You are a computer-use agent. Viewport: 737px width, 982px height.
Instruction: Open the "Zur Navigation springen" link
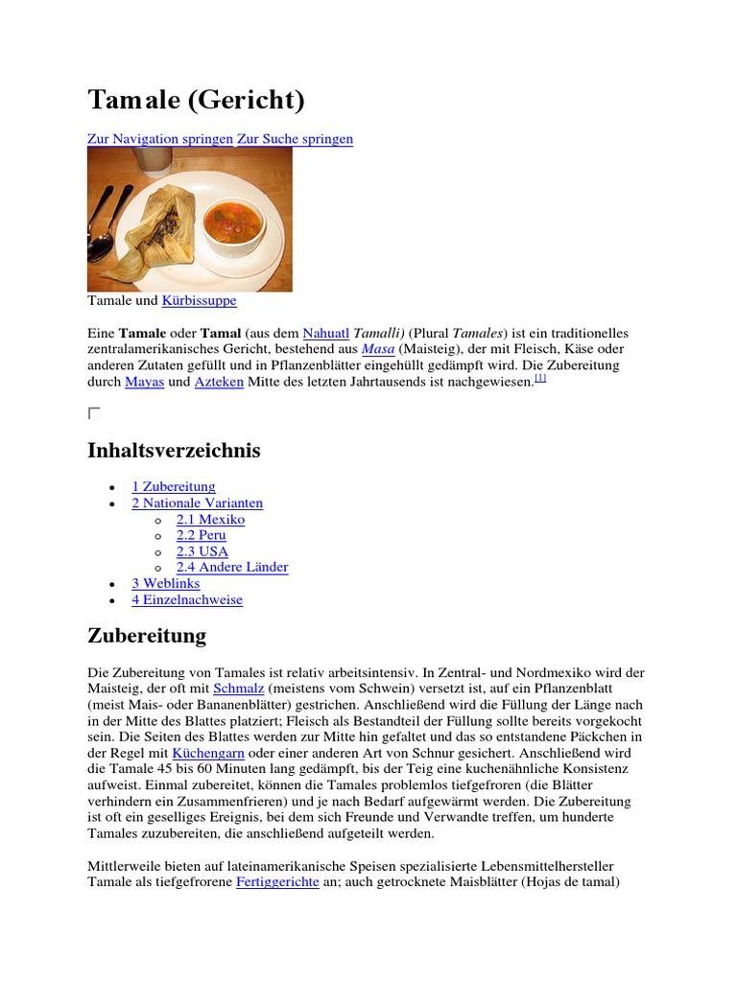pos(160,139)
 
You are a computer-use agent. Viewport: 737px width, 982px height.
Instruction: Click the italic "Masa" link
pos(377,350)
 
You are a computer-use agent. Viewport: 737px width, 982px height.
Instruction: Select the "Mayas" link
pos(145,383)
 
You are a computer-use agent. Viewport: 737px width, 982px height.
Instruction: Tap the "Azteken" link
pos(219,383)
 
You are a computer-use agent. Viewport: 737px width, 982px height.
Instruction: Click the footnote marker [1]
pos(540,379)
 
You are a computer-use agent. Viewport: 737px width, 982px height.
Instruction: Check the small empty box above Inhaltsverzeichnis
pos(94,413)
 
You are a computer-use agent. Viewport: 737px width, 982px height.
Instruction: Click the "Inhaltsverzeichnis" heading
pos(174,451)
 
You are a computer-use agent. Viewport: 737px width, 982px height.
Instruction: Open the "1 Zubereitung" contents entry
pos(174,487)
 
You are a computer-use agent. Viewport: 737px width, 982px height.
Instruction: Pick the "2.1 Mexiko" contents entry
pos(210,520)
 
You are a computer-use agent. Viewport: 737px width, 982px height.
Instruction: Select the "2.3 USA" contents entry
pos(202,551)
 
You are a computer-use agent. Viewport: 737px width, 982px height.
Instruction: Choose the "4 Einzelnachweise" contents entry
pos(187,600)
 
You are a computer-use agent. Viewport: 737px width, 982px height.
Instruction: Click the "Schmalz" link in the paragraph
pos(238,689)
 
